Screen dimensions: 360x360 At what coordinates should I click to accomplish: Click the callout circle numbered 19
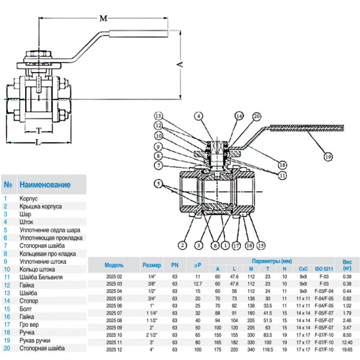[328, 157]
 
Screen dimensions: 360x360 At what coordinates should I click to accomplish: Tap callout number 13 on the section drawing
[158, 115]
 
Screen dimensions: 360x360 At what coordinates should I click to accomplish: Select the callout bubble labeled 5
[157, 183]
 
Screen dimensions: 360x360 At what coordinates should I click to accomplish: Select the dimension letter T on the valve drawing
[37, 130]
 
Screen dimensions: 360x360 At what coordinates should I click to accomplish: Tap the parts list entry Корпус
[29, 197]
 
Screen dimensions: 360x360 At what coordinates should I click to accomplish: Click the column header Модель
[114, 265]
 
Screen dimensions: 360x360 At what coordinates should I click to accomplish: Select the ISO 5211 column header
[323, 269]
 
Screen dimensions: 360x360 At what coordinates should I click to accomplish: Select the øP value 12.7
[198, 283]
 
